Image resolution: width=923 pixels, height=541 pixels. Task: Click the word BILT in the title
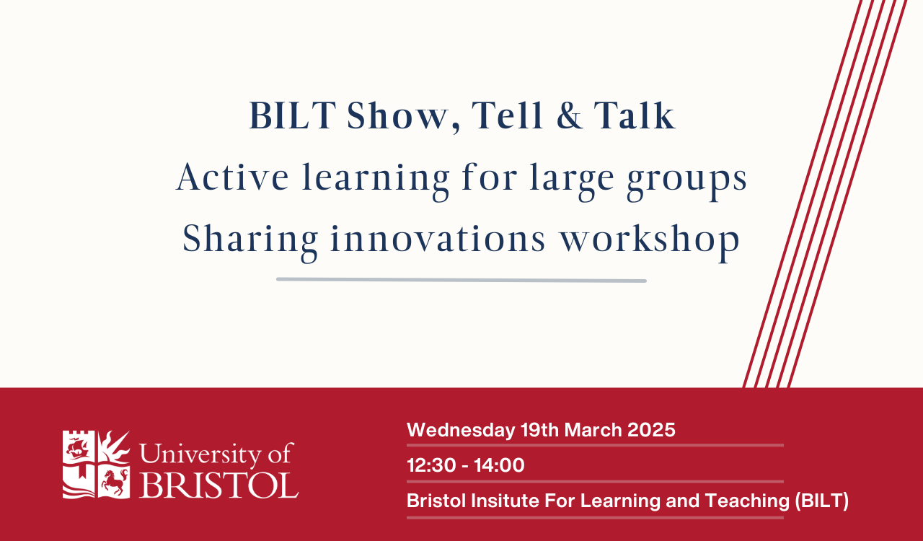pos(293,115)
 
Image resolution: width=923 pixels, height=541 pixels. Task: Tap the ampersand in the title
pos(570,115)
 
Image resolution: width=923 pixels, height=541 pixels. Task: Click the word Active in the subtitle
pos(232,177)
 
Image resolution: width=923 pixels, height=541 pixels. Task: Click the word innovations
pos(438,239)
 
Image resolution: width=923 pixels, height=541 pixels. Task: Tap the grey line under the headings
pos(461,280)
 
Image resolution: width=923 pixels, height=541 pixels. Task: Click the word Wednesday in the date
pos(461,430)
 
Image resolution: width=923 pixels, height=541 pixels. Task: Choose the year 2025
pos(651,430)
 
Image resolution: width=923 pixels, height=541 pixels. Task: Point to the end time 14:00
pos(499,465)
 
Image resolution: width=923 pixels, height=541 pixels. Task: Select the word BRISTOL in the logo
pos(218,485)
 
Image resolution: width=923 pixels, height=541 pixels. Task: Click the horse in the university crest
pos(114,482)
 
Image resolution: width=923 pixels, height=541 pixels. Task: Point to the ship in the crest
pos(77,448)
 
